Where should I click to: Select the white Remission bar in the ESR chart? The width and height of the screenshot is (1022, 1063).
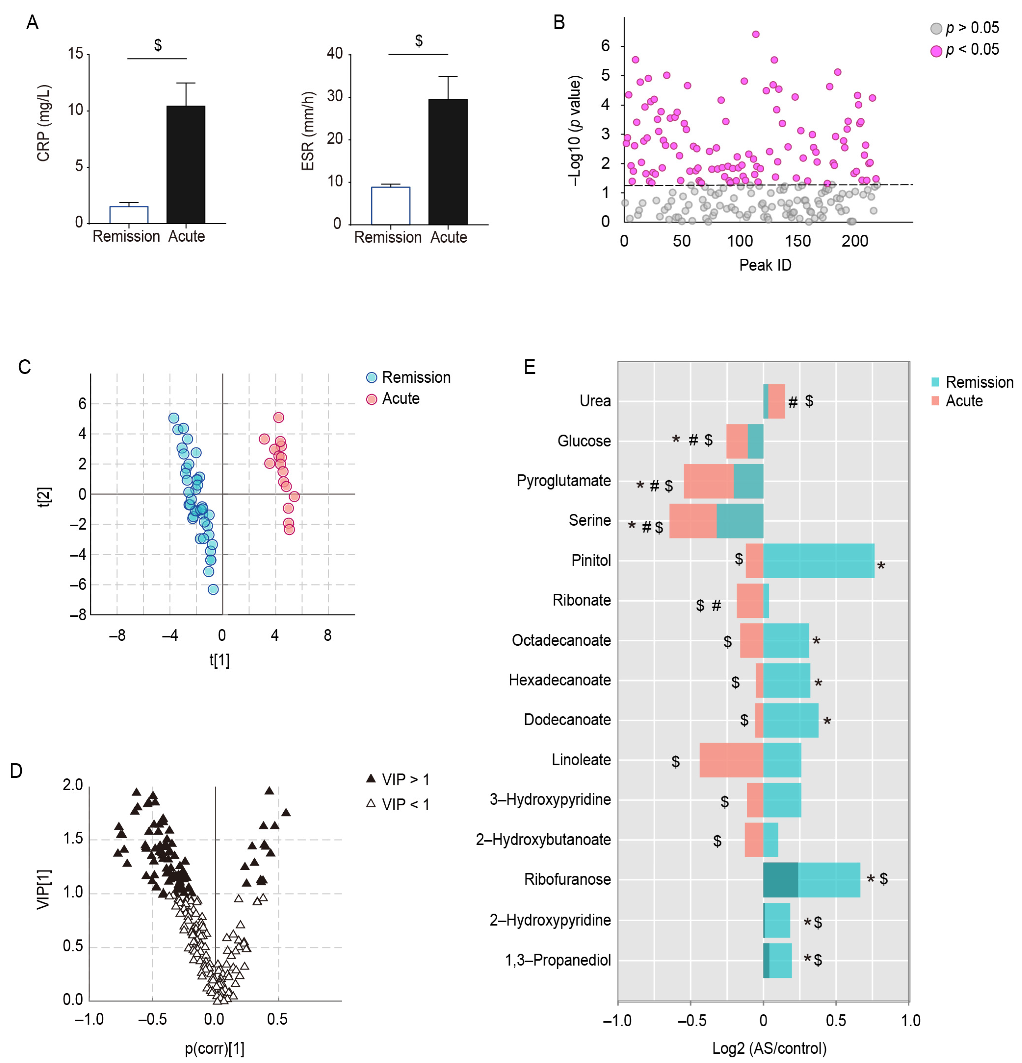390,206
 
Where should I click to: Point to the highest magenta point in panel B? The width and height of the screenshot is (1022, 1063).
755,34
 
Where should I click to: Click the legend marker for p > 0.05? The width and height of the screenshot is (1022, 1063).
936,28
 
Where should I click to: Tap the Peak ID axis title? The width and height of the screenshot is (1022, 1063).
765,265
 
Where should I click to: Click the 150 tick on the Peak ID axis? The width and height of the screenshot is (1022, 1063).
798,241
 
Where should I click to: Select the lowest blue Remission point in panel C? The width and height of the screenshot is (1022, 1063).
213,589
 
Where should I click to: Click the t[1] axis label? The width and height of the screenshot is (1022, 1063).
219,660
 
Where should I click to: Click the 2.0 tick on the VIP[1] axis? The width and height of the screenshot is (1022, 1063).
73,785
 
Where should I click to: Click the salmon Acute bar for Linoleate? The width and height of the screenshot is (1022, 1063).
731,760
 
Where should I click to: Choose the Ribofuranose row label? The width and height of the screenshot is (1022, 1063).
567,879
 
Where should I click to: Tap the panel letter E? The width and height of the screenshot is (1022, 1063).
530,367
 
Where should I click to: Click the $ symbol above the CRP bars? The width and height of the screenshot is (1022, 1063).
158,45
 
